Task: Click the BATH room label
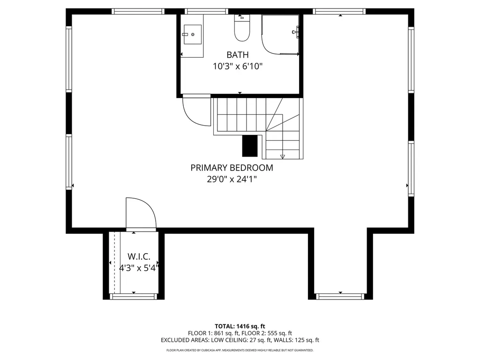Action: click(x=237, y=55)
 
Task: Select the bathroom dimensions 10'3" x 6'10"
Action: click(x=237, y=67)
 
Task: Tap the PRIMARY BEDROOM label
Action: click(x=232, y=168)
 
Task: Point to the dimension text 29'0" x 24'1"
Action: click(x=232, y=179)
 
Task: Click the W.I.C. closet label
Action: click(x=139, y=257)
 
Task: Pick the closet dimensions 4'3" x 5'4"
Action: click(x=139, y=268)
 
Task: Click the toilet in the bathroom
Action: click(x=242, y=29)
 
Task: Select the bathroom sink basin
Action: click(x=192, y=35)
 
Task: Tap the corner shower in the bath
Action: click(x=280, y=35)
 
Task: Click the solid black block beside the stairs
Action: click(x=250, y=145)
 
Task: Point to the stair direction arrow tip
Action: click(x=283, y=157)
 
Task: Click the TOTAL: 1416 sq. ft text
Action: click(x=240, y=326)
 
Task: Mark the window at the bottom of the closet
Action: click(x=134, y=296)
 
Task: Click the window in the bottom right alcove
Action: click(x=340, y=296)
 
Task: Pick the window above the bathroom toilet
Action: click(x=207, y=11)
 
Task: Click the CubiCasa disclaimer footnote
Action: click(x=240, y=350)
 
